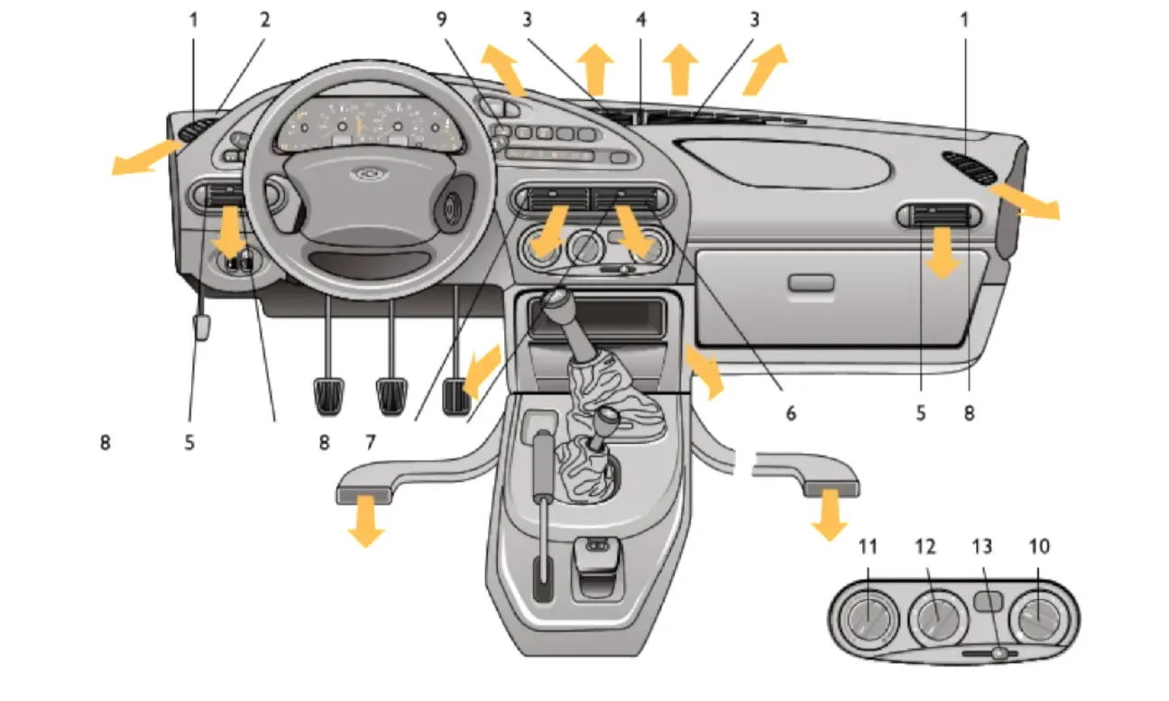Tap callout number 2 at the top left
[x=265, y=20]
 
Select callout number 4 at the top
[x=640, y=20]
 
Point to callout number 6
[x=790, y=413]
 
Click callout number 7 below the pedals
[x=370, y=442]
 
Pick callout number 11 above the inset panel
[x=868, y=547]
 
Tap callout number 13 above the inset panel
[x=981, y=547]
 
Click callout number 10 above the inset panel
[x=1039, y=547]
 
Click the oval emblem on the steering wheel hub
[x=367, y=173]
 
